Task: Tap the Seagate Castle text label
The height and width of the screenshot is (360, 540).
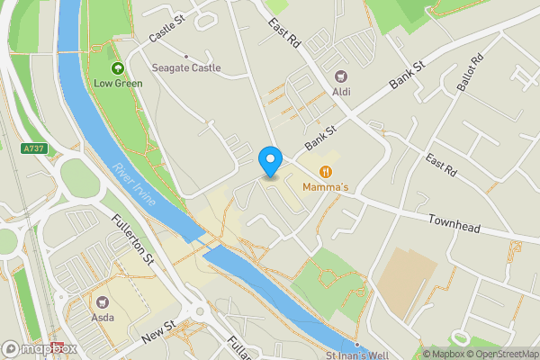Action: click(x=185, y=67)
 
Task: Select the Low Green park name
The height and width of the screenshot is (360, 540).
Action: click(x=118, y=84)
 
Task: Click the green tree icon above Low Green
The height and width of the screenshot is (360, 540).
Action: click(x=117, y=68)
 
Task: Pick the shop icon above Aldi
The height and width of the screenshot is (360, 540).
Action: click(x=340, y=76)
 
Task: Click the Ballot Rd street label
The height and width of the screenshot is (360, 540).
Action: click(x=469, y=71)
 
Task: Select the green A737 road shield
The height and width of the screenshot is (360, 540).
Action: click(x=34, y=148)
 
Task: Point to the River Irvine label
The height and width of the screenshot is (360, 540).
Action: click(x=134, y=186)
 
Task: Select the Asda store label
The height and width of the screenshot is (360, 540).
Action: click(x=102, y=318)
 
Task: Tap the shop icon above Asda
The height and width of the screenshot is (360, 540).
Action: click(x=102, y=302)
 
